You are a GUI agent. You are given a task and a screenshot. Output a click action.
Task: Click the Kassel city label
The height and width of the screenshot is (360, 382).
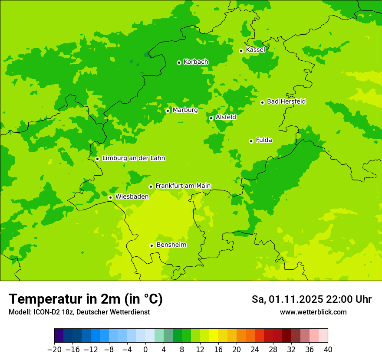click(x=255, y=50)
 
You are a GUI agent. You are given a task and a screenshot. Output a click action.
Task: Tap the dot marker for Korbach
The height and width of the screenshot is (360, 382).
click(x=179, y=62)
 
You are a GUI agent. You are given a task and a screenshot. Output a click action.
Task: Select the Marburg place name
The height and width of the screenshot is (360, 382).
click(x=185, y=110)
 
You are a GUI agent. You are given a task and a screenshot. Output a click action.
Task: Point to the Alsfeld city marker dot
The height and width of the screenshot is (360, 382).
click(x=211, y=118)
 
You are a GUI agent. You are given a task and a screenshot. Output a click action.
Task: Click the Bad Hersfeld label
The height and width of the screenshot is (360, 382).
click(x=286, y=101)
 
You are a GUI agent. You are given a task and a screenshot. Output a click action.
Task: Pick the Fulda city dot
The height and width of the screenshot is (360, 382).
click(x=251, y=141)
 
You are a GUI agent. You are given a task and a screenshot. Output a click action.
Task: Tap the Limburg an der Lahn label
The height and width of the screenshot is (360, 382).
click(x=133, y=158)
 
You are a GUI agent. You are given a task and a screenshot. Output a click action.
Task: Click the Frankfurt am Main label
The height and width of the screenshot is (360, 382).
click(x=183, y=186)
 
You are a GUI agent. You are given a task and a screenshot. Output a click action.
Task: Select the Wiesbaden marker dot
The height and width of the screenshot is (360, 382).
click(x=110, y=197)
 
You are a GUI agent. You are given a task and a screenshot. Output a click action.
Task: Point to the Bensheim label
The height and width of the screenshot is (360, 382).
click(x=171, y=245)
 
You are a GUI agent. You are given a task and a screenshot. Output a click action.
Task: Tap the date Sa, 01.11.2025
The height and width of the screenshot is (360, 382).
click(x=287, y=299)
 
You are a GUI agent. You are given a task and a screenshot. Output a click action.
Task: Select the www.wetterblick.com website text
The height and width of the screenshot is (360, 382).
click(x=313, y=312)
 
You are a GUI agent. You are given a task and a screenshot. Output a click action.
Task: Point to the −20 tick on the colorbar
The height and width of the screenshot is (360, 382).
click(x=55, y=349)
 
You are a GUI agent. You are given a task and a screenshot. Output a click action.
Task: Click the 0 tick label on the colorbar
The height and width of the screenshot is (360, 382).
click(x=145, y=349)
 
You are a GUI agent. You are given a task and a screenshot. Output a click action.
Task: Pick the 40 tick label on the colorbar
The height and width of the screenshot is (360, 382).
click(x=328, y=349)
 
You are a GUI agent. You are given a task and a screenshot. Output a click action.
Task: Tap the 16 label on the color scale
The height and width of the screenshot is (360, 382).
click(x=218, y=349)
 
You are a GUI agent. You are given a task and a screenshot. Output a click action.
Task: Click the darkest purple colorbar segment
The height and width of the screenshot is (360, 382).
click(x=59, y=336)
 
